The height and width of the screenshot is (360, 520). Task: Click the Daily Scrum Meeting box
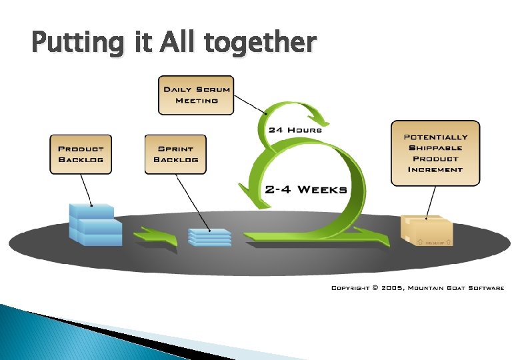click(196, 95)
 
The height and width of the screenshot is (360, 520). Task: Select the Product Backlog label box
click(81, 154)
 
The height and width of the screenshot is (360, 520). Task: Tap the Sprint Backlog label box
click(175, 154)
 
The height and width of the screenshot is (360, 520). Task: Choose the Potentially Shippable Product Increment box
click(435, 153)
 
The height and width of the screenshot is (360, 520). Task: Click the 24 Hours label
click(295, 129)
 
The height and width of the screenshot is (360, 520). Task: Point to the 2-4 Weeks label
click(306, 189)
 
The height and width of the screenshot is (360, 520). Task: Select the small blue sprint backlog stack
click(209, 236)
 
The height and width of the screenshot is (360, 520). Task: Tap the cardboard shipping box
click(427, 230)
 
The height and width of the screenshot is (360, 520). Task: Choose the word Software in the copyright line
click(484, 288)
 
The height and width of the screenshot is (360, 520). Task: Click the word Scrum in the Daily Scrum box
click(214, 89)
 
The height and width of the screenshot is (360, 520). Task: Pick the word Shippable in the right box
click(435, 147)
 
